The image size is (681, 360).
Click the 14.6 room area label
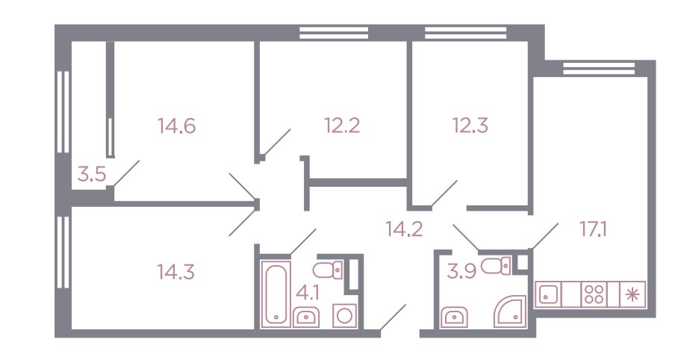177,126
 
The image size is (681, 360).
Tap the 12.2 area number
342,125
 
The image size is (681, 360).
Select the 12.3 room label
470,125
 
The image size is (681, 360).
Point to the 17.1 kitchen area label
593,229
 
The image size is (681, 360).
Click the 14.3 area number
176,273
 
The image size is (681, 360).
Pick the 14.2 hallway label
405,229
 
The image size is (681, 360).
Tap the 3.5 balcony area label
92,175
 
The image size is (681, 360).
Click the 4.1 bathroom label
308,294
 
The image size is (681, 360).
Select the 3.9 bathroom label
462,272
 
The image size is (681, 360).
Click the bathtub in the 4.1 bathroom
276,294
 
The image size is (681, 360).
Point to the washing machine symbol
344,316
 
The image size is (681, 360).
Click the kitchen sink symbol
549,294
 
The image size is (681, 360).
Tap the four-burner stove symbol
594,294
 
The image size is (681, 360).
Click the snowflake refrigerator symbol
632,295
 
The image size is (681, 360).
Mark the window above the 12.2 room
334,33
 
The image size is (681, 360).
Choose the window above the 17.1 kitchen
598,68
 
